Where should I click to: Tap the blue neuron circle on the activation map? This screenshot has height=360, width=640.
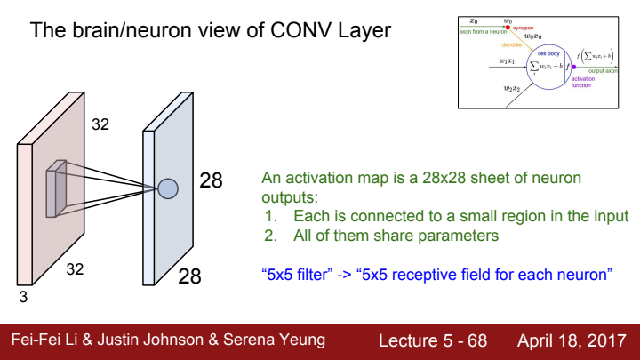[x=168, y=188]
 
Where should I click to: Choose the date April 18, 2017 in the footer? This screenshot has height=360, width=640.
[x=572, y=340]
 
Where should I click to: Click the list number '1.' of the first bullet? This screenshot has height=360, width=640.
[x=272, y=217]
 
